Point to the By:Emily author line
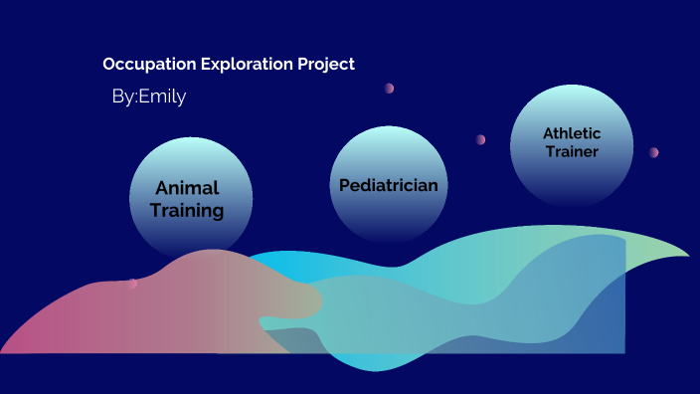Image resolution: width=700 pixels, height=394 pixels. pyautogui.click(x=149, y=97)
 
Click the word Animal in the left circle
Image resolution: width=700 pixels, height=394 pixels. pyautogui.click(x=187, y=188)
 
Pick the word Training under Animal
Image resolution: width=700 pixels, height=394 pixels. pyautogui.click(x=187, y=210)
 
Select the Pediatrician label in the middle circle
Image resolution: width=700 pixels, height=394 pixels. pyautogui.click(x=388, y=185)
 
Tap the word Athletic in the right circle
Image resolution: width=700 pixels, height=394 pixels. pyautogui.click(x=572, y=133)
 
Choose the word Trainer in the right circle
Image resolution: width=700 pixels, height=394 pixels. pyautogui.click(x=572, y=151)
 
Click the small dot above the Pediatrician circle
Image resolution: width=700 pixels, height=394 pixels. pyautogui.click(x=389, y=89)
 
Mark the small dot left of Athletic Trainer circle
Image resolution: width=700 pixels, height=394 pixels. pyautogui.click(x=480, y=139)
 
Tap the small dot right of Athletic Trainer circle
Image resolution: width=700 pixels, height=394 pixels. pyautogui.click(x=653, y=152)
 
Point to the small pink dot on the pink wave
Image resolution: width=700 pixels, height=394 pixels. pyautogui.click(x=132, y=284)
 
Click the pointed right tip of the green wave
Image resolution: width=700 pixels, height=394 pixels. pyautogui.click(x=687, y=255)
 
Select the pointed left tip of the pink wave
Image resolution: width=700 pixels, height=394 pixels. pyautogui.click(x=3, y=351)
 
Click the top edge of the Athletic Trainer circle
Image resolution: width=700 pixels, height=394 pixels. pyautogui.click(x=571, y=87)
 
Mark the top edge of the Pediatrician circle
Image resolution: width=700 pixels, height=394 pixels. pyautogui.click(x=388, y=127)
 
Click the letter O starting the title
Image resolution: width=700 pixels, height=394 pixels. pyautogui.click(x=108, y=65)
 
